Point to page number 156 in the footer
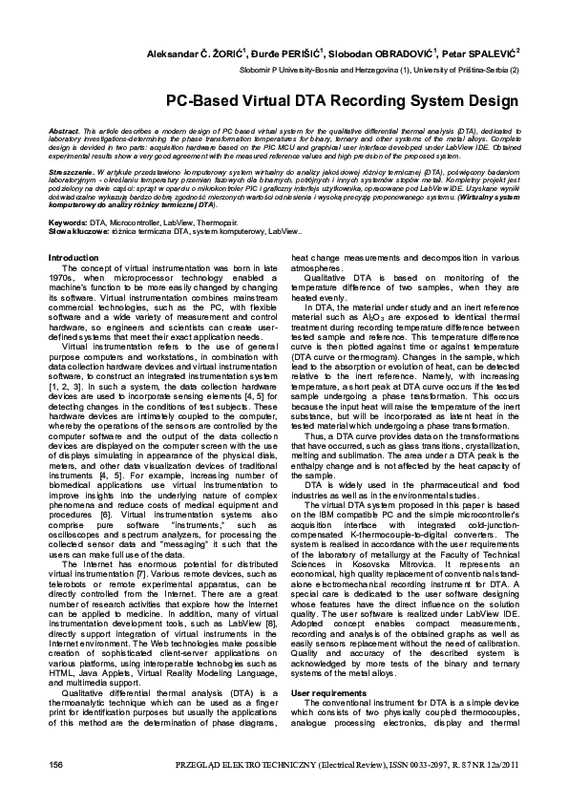pos(55,767)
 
